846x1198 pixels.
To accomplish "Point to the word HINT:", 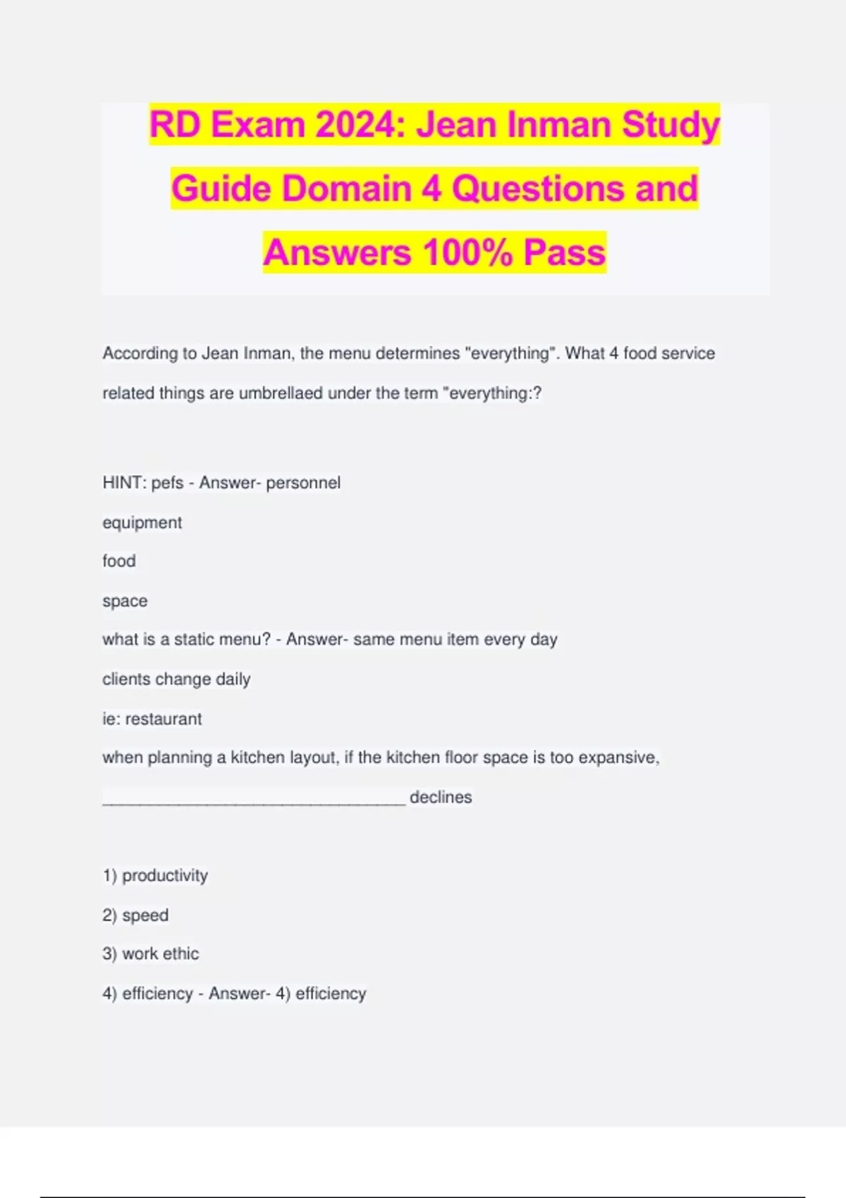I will (x=124, y=483).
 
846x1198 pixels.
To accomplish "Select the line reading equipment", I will (x=142, y=523).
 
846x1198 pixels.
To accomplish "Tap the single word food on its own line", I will (x=118, y=561).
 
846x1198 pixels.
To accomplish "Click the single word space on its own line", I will (x=125, y=601).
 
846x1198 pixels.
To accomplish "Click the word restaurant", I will (x=164, y=719).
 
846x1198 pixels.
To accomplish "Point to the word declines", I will (x=441, y=797).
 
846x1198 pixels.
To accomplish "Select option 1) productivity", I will (x=155, y=875).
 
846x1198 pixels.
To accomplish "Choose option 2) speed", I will (x=135, y=915).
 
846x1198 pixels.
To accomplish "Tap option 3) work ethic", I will (x=151, y=953).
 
